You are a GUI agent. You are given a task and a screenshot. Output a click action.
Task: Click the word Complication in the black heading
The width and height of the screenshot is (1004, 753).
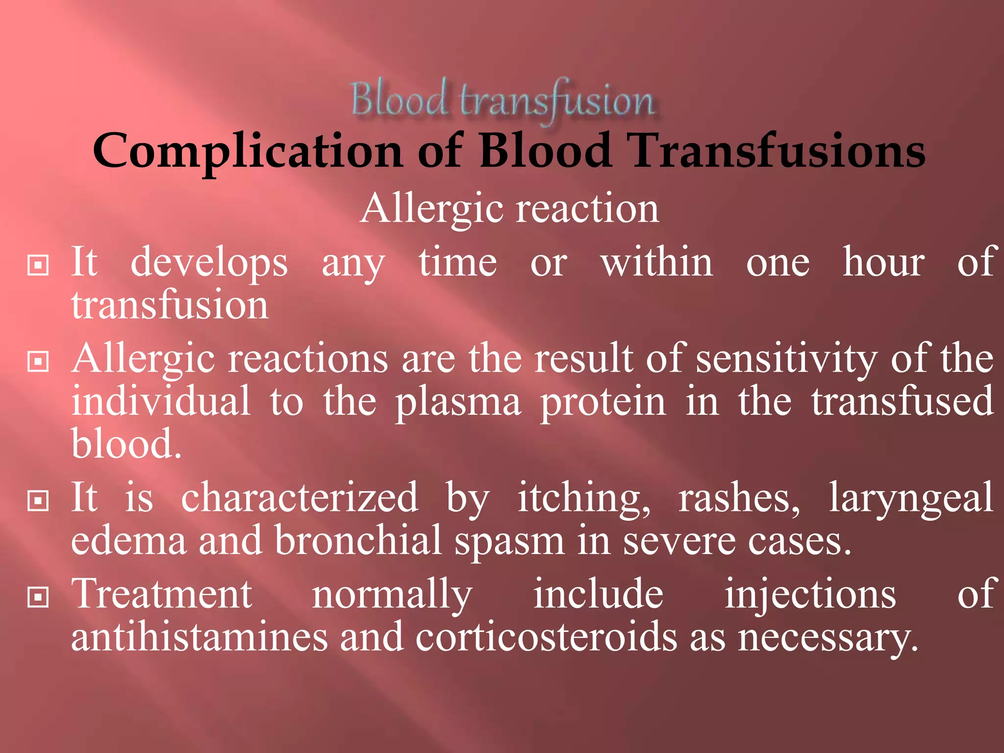point(248,151)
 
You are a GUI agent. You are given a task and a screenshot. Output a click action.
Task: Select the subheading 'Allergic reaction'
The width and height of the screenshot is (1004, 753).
point(510,209)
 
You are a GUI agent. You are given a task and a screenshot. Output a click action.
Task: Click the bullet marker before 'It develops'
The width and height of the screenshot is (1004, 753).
point(38,265)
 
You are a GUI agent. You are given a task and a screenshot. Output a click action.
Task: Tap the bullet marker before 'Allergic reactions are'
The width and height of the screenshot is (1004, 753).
point(38,362)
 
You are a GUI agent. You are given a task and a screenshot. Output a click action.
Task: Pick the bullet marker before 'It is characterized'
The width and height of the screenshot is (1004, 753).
point(38,501)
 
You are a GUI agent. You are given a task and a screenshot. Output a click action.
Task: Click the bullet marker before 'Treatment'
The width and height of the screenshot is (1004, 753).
point(38,597)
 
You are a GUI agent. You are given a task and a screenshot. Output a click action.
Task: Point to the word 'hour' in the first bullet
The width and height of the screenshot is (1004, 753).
point(883,262)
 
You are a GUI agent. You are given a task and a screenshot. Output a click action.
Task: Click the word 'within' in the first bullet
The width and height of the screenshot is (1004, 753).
point(657,262)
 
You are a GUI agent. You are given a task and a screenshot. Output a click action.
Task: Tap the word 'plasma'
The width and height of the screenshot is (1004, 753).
point(458,402)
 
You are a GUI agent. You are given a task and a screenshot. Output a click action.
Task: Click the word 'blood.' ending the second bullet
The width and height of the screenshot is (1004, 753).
point(126,444)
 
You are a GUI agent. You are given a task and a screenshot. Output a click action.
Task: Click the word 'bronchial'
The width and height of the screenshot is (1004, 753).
point(358,541)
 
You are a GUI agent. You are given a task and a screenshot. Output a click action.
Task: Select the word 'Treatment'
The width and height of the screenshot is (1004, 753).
point(162,594)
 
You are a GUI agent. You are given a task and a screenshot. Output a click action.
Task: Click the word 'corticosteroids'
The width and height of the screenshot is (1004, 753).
point(546,637)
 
